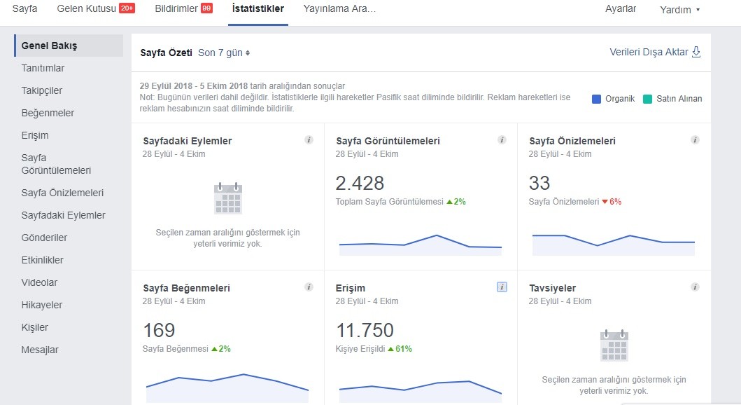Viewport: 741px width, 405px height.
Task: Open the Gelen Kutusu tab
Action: [95, 8]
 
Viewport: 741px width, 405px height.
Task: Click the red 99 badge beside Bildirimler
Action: [206, 8]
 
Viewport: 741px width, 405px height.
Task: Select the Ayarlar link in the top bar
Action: [621, 8]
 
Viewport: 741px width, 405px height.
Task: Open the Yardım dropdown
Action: [679, 10]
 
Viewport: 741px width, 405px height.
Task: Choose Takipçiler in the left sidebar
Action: [41, 90]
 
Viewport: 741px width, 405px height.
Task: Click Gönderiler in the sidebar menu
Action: [44, 238]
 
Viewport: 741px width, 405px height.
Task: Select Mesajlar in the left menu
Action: [40, 350]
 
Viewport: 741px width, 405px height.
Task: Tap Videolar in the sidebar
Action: [39, 282]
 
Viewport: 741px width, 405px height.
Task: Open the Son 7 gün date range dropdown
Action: [224, 53]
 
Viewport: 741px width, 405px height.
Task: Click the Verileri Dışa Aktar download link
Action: [655, 52]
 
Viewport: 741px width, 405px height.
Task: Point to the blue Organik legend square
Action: [596, 99]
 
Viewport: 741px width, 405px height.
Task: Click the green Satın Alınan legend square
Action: [647, 99]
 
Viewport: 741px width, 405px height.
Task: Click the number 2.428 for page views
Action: [360, 183]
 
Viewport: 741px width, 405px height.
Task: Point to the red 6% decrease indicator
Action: [612, 202]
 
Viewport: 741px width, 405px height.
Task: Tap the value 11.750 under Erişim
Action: [365, 330]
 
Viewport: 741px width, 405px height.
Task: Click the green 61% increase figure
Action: [400, 349]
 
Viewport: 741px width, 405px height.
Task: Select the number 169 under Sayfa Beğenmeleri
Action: [159, 330]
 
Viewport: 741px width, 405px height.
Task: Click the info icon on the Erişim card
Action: [502, 287]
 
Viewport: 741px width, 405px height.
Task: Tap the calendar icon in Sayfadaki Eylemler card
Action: [228, 198]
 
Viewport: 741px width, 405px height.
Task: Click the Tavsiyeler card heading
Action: [553, 288]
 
